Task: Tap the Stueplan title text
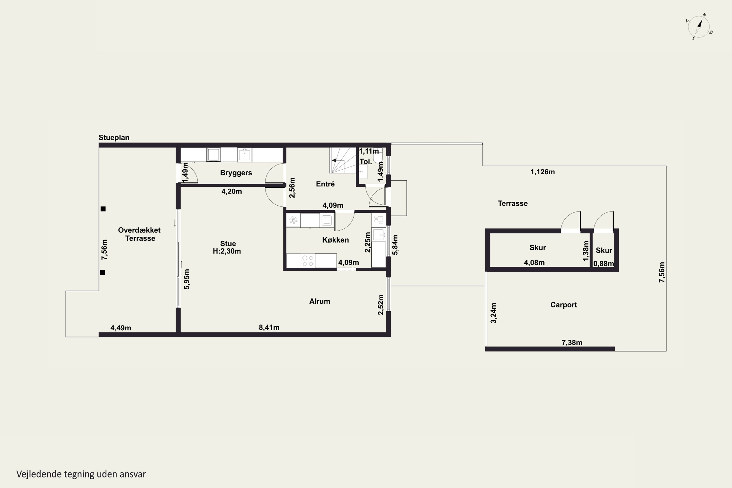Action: [114, 138]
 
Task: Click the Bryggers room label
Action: [236, 173]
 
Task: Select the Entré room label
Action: [325, 184]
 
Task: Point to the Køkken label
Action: [335, 240]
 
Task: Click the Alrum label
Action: [320, 301]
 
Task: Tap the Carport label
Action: [564, 305]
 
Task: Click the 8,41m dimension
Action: [269, 327]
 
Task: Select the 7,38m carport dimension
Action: [572, 342]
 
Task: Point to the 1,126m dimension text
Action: [542, 172]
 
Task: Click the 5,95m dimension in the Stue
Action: [186, 279]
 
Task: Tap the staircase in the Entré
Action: [343, 160]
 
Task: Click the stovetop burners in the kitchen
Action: [308, 261]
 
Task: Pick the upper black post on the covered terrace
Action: [103, 209]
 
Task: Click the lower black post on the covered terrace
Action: [102, 273]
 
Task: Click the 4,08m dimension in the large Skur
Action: [534, 263]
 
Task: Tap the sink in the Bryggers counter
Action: [245, 155]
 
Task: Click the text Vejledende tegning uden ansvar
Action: [81, 474]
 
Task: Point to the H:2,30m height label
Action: [227, 251]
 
